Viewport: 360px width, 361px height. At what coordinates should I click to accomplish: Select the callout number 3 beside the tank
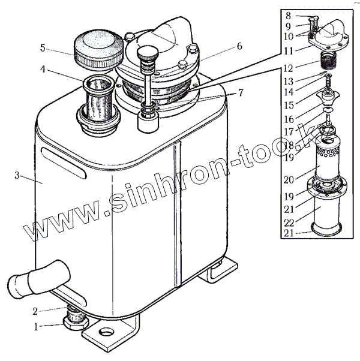tap(17, 176)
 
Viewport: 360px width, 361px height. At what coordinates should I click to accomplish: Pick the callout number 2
tap(35, 311)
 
